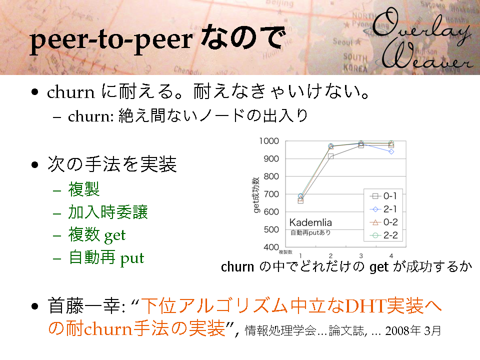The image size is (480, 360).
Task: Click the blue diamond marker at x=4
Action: (x=391, y=151)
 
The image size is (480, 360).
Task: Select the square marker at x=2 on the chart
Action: (x=330, y=156)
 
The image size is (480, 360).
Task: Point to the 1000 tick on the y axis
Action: (x=269, y=141)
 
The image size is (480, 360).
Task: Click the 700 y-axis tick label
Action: (x=271, y=194)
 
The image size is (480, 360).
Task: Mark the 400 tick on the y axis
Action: (x=271, y=247)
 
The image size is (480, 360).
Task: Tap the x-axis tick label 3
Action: (x=361, y=255)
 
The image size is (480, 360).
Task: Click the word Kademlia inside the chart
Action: (x=310, y=222)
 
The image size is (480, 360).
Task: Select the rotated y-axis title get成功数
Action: (x=256, y=194)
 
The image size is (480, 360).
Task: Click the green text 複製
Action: (x=84, y=189)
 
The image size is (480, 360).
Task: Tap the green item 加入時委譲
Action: (x=108, y=212)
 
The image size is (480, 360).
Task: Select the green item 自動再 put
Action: (x=106, y=258)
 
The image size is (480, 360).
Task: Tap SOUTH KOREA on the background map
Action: (x=355, y=62)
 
